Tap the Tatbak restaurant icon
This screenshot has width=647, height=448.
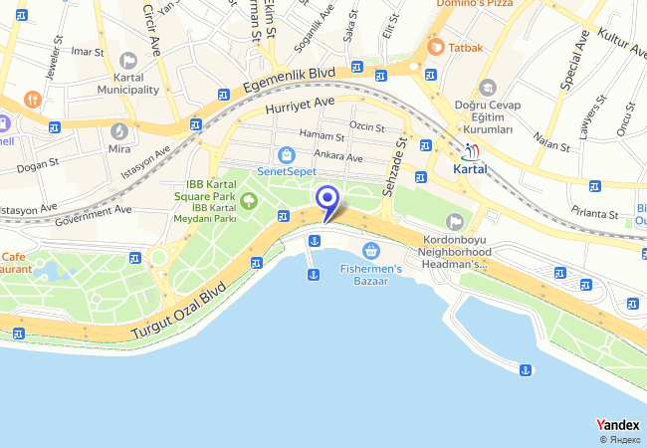435,47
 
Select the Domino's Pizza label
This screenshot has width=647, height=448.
474,5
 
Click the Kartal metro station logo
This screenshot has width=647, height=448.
472,151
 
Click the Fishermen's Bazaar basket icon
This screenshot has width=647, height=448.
371,250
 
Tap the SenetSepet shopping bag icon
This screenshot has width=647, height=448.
287,155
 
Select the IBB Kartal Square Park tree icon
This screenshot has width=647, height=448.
248,201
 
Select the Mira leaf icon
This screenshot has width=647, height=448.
118,130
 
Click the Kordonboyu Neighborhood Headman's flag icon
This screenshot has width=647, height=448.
455,222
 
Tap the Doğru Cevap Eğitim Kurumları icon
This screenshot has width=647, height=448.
487,88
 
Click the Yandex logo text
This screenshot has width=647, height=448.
617,425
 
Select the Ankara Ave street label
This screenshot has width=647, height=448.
337,155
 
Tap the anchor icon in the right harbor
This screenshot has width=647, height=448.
523,371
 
